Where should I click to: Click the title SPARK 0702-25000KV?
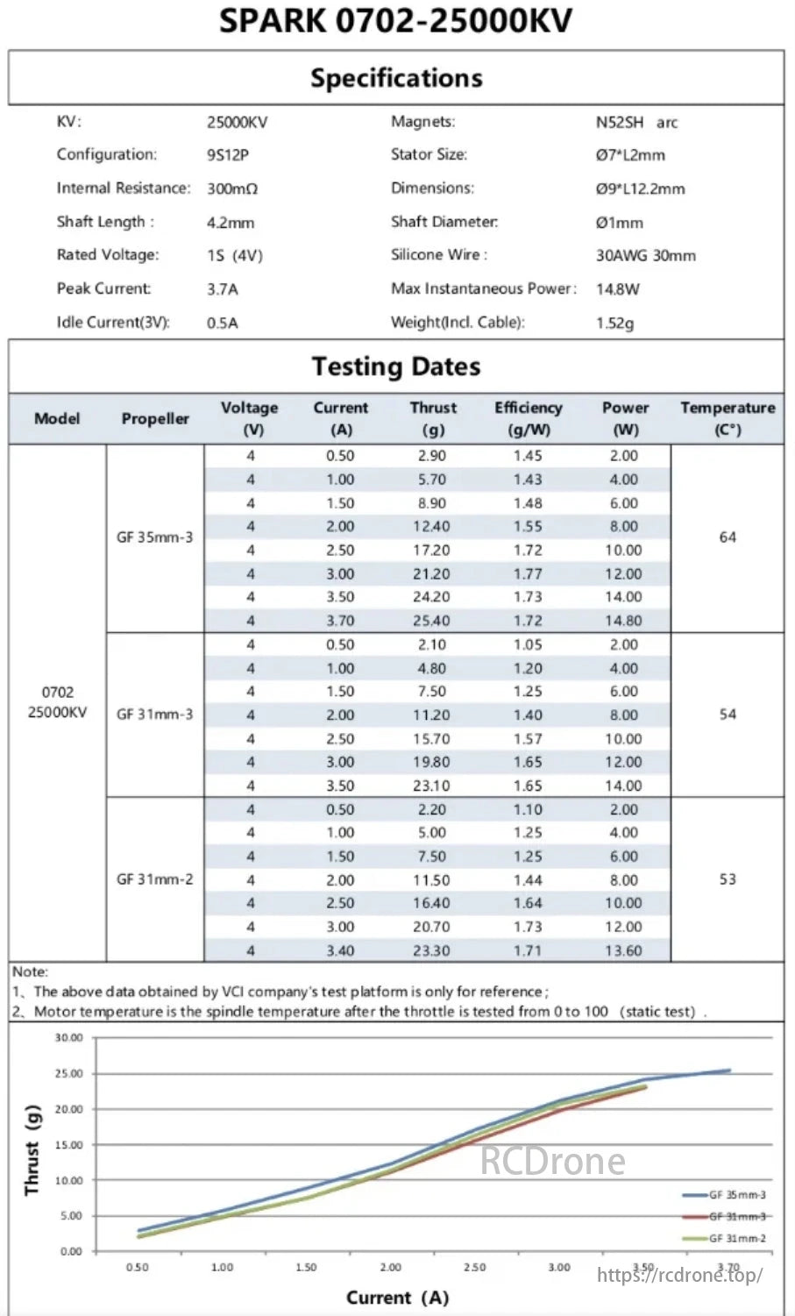396,21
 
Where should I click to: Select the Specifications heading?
396,78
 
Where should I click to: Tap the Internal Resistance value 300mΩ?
232,189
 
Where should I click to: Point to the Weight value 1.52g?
614,323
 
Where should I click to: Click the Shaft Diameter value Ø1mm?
619,223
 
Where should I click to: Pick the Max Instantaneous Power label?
484,288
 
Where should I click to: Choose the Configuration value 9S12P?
228,155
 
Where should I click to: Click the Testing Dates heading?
396,366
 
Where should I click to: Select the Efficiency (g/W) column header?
528,418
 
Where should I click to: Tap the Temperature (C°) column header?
728,418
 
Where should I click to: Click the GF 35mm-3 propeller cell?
155,537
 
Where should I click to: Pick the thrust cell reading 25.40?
431,621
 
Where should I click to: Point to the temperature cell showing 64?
728,537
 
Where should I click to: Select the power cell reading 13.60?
624,950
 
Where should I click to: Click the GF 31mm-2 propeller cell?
155,879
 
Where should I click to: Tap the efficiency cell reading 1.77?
528,574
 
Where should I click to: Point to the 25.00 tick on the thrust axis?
69,1073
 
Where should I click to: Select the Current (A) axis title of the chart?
397,1297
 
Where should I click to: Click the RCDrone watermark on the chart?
553,1162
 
